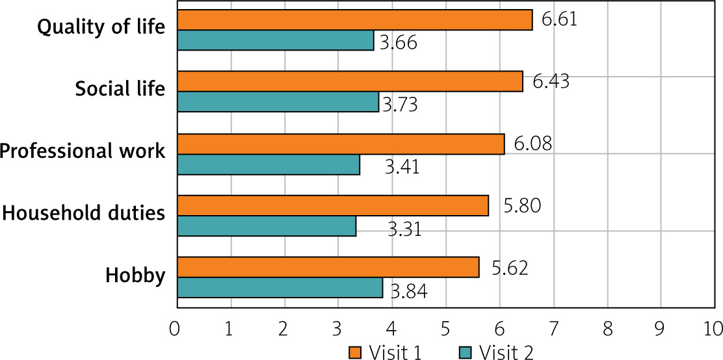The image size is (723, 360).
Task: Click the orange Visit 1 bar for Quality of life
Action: pyautogui.click(x=354, y=20)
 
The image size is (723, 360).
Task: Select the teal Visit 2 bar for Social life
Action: pyautogui.click(x=278, y=102)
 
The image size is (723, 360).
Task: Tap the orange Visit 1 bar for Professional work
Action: pyautogui.click(x=340, y=144)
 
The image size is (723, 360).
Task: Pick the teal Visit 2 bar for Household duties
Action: pyautogui.click(x=267, y=226)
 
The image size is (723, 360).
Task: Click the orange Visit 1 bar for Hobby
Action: pyautogui.click(x=328, y=267)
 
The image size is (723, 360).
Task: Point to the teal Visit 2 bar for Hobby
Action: pyautogui.click(x=280, y=288)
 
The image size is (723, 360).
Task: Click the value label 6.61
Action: pyautogui.click(x=559, y=19)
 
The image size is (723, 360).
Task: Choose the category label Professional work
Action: pyautogui.click(x=82, y=151)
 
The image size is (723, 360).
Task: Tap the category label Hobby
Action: pyautogui.click(x=135, y=276)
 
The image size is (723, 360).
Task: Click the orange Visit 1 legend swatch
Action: pyautogui.click(x=354, y=352)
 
